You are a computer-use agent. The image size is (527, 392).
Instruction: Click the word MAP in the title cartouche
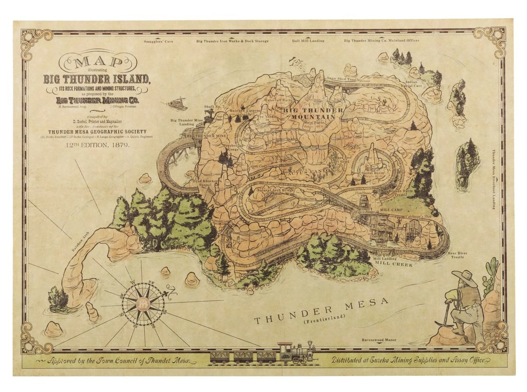98,62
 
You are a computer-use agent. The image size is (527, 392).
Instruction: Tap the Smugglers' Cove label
158,41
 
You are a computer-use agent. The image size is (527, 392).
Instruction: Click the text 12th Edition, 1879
98,145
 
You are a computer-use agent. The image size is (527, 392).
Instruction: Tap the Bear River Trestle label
457,255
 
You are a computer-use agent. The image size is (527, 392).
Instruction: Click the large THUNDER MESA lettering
321,311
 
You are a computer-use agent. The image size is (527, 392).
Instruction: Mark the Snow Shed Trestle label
342,78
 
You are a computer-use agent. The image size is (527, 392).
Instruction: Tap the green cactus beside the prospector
490,276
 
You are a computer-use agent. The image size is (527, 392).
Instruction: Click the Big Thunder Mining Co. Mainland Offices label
381,41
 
